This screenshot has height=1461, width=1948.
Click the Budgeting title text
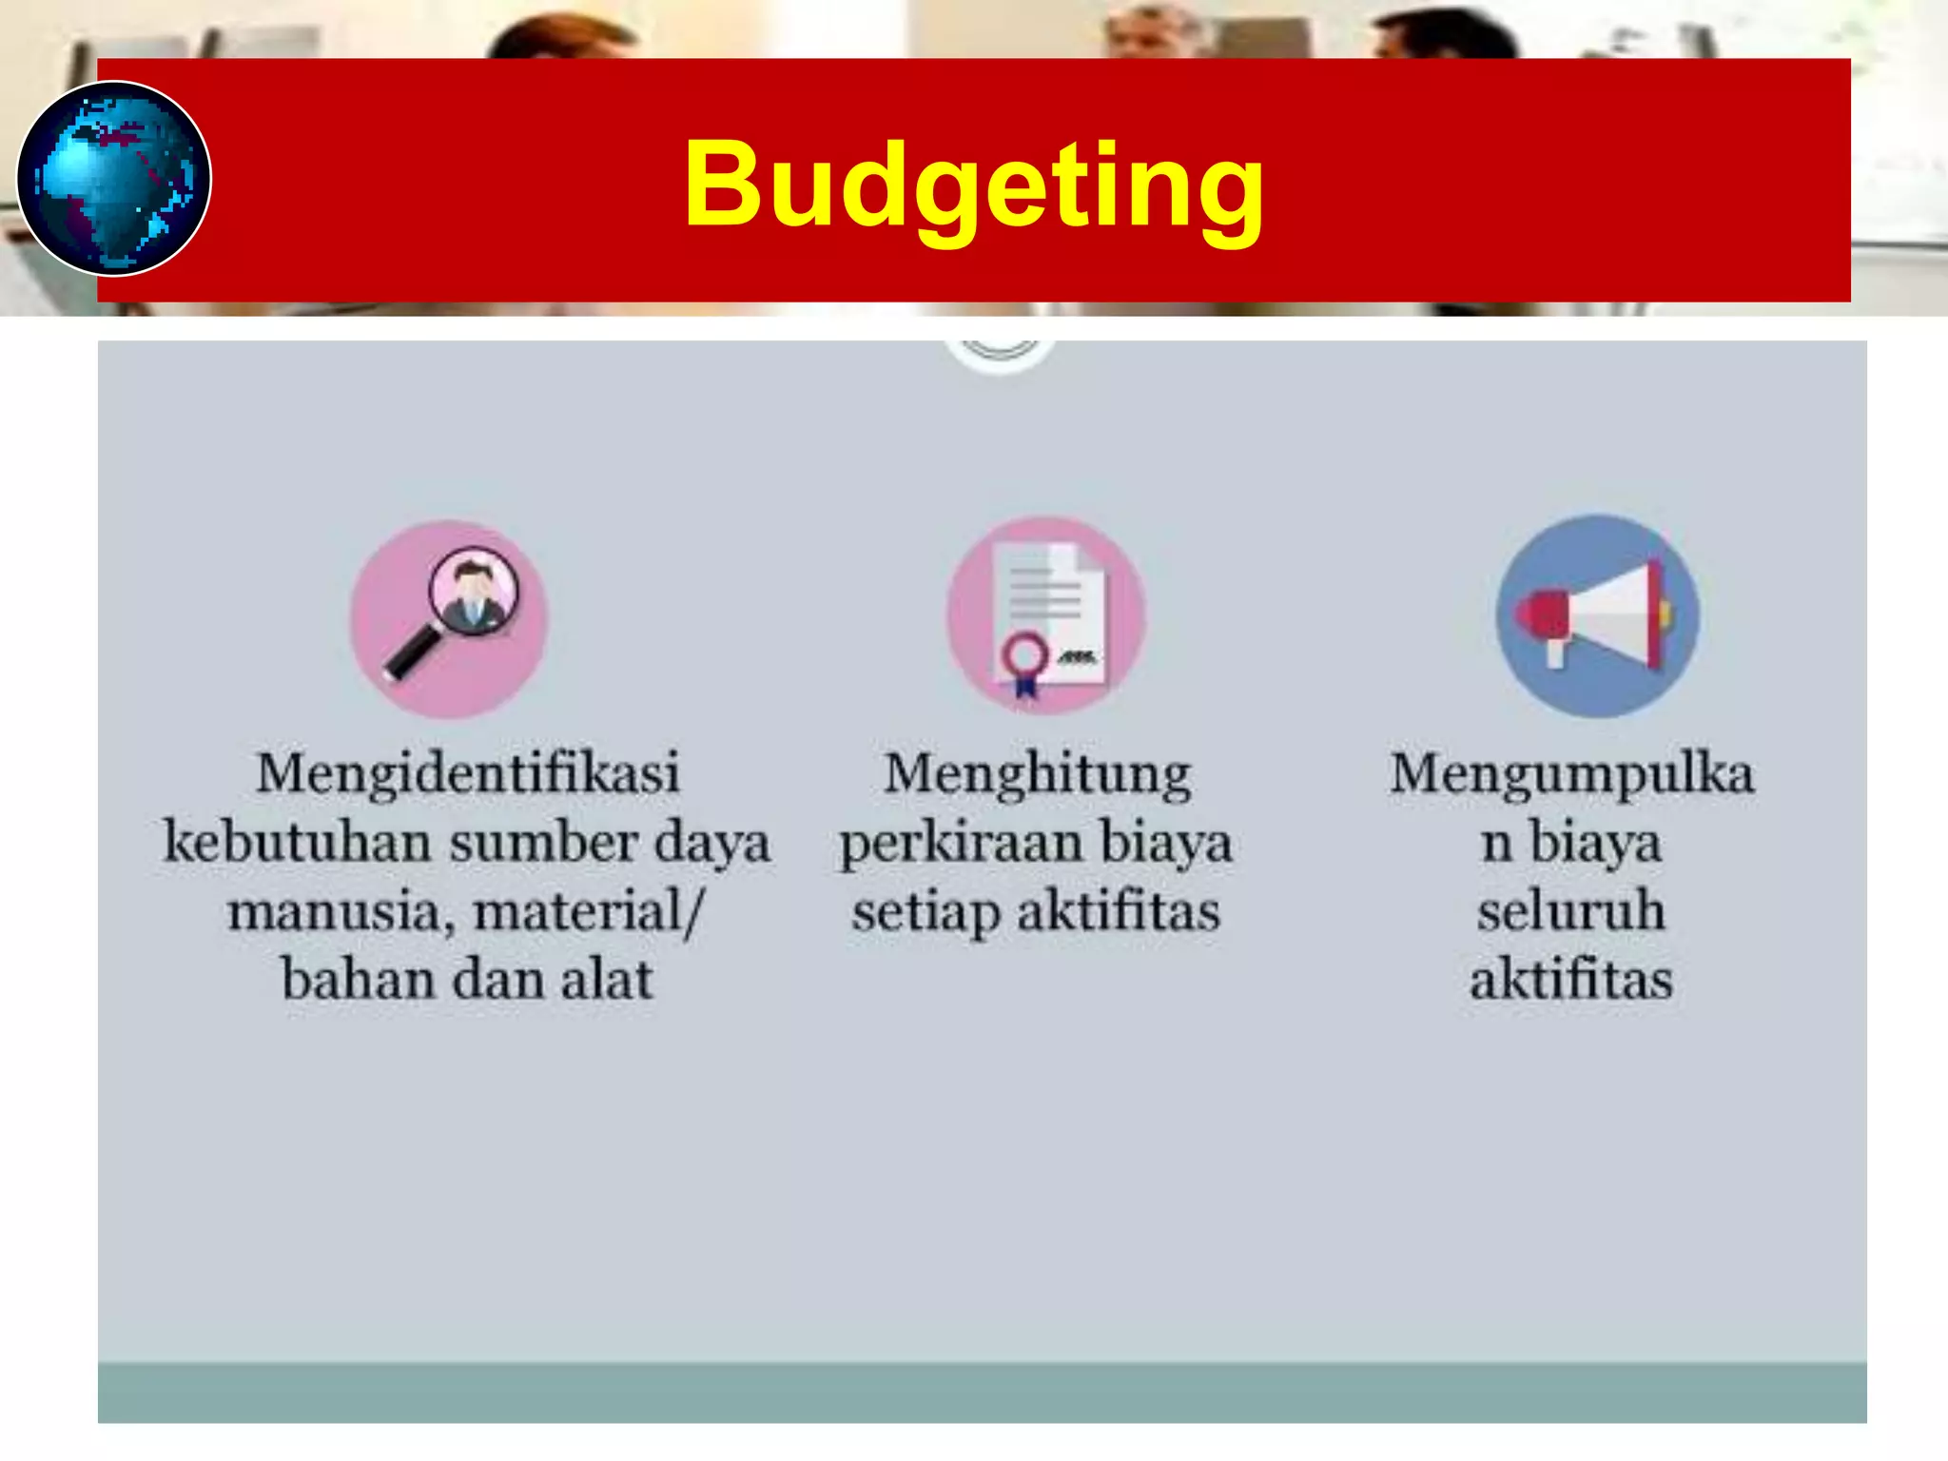pos(973,185)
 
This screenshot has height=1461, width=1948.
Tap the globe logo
pos(114,179)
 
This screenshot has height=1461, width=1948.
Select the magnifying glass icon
pos(449,618)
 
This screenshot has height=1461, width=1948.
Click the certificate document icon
pos(1046,616)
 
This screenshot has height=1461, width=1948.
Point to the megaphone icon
pos(1596,616)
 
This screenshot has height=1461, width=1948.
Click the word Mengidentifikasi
pos(468,772)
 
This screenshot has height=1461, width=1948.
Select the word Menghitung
pos(1037,774)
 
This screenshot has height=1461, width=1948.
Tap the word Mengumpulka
pos(1571,774)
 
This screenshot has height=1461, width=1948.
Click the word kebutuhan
pos(297,843)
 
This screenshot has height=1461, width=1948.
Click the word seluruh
pos(1571,911)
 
